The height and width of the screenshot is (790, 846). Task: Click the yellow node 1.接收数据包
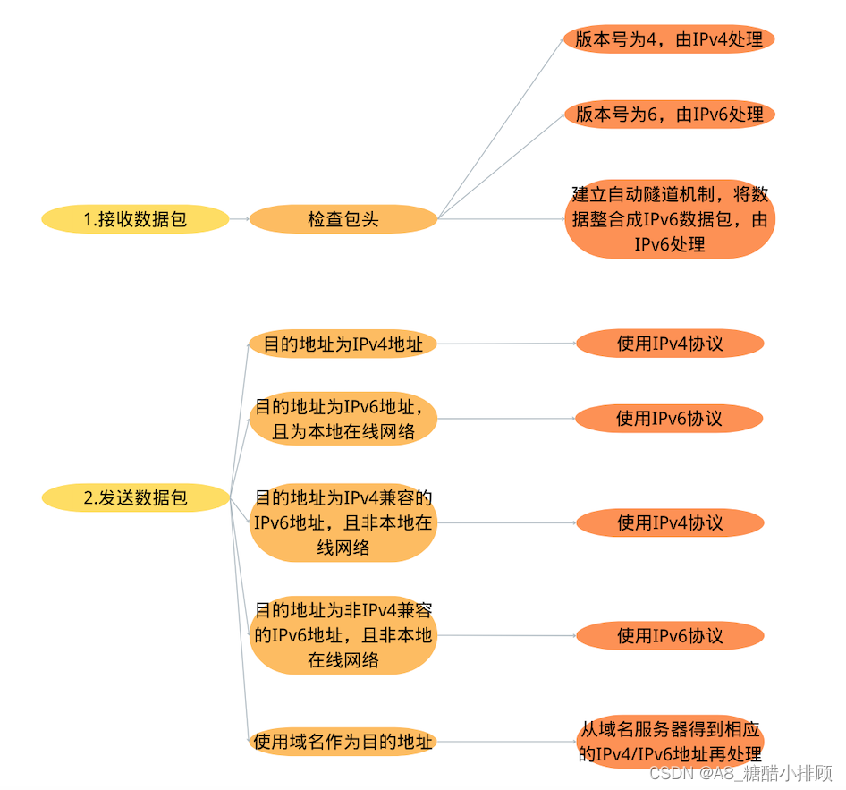click(x=135, y=219)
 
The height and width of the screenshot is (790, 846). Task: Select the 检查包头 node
click(x=343, y=219)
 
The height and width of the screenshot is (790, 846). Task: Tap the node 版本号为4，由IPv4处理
click(x=669, y=39)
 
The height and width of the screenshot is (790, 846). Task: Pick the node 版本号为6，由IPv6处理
click(x=669, y=115)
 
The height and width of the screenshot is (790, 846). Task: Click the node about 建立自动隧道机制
click(x=669, y=219)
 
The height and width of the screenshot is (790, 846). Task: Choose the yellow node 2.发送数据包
click(x=135, y=498)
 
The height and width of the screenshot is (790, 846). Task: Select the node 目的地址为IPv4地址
click(x=343, y=344)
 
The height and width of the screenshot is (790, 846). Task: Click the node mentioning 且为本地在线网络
click(x=343, y=419)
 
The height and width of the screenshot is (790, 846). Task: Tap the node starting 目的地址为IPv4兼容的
click(x=343, y=522)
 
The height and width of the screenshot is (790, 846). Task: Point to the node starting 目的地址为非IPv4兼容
click(x=343, y=635)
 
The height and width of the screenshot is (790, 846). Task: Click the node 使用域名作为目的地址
click(x=343, y=742)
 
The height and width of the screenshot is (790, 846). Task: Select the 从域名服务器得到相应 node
click(x=669, y=742)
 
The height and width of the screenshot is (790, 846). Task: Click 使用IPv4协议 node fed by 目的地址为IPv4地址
click(x=669, y=344)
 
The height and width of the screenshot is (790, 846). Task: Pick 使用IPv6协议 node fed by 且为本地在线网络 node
click(x=669, y=418)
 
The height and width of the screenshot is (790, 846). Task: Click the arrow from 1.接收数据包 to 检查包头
click(x=239, y=219)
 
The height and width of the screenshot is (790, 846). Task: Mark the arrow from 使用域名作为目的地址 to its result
click(x=506, y=742)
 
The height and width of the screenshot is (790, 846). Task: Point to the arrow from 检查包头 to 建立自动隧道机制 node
click(x=501, y=219)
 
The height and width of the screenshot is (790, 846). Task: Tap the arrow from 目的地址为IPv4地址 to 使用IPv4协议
click(x=506, y=344)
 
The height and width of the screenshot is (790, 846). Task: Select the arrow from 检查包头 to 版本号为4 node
click(x=501, y=128)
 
